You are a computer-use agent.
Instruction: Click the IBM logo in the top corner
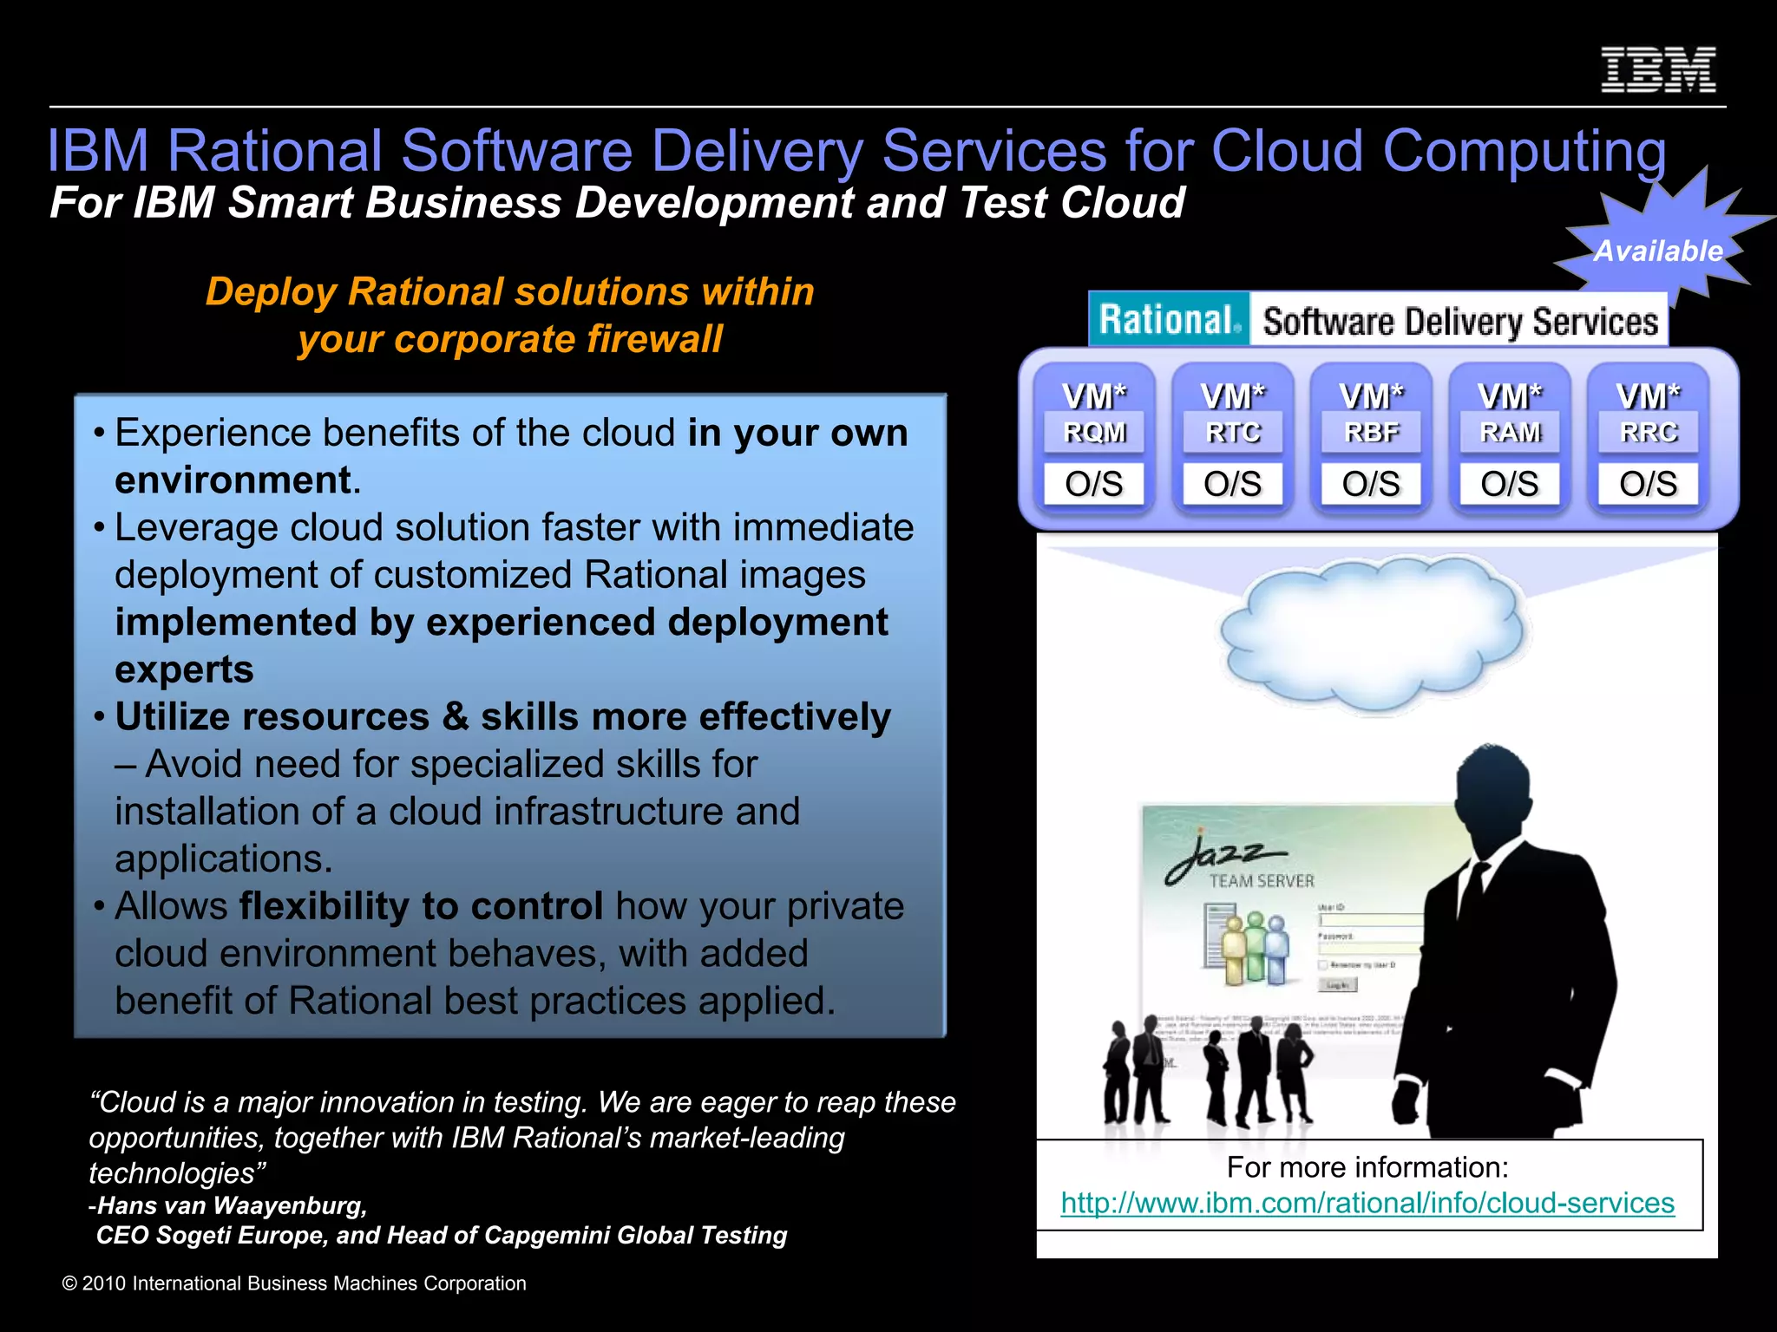(x=1657, y=70)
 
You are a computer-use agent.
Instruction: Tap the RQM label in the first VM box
(x=1094, y=432)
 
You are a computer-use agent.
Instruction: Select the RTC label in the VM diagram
(x=1233, y=432)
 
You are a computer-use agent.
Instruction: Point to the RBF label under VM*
(x=1371, y=432)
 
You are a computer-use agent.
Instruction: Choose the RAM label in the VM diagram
(x=1510, y=432)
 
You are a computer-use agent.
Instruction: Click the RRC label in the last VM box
(x=1649, y=432)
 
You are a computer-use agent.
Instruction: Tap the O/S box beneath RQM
(x=1094, y=484)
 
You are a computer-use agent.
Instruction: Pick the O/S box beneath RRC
(x=1649, y=484)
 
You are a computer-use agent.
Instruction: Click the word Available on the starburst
(x=1658, y=251)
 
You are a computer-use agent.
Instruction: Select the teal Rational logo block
(x=1169, y=320)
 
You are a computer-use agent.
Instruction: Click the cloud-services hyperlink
(x=1367, y=1203)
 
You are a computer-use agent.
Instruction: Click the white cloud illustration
(x=1371, y=633)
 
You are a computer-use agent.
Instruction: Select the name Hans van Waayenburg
(x=233, y=1205)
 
